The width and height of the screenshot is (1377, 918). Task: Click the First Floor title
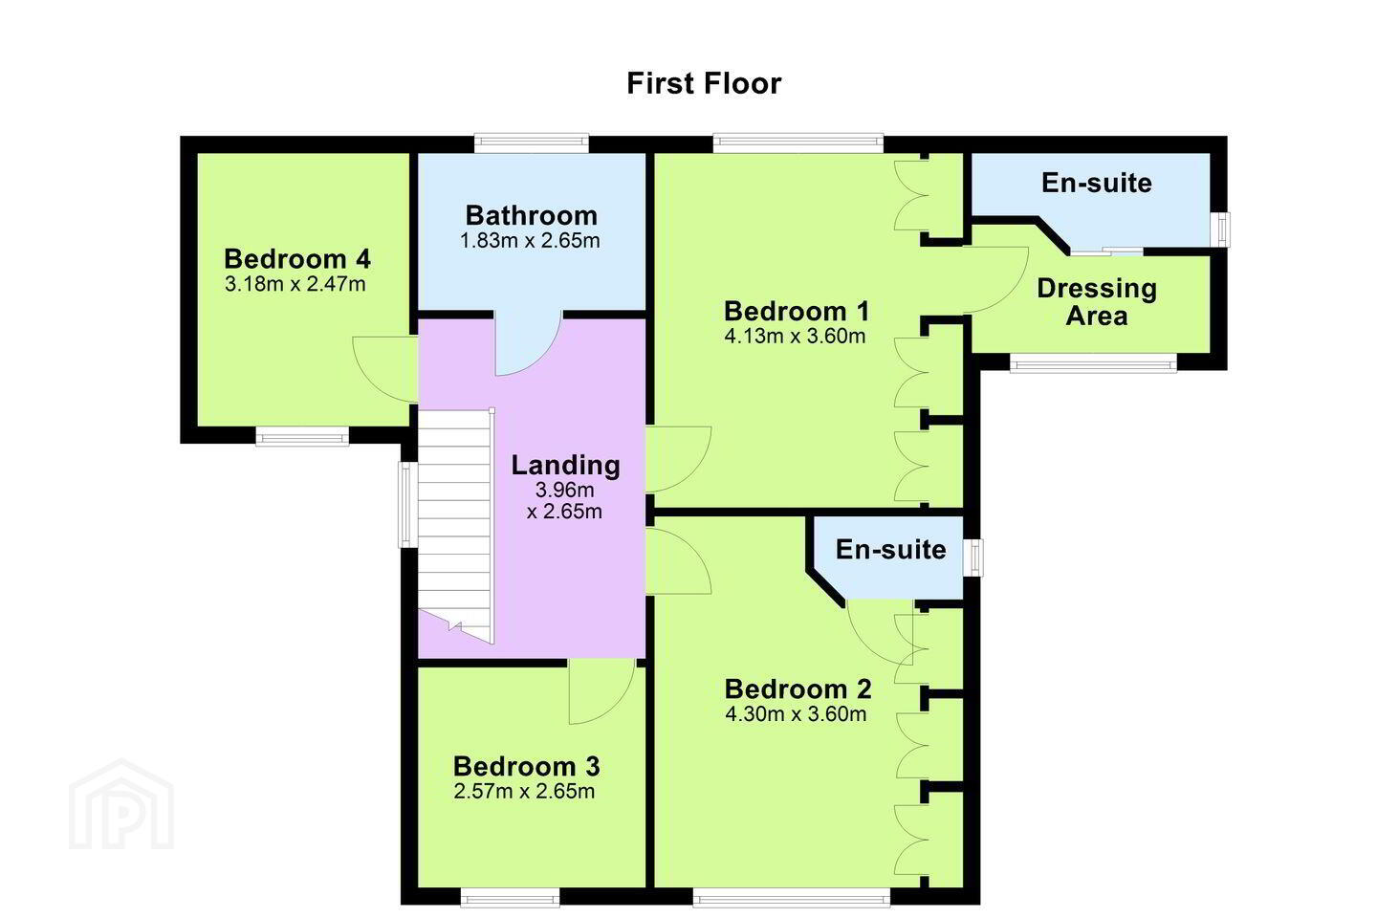point(704,83)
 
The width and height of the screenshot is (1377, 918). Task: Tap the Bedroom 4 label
point(297,259)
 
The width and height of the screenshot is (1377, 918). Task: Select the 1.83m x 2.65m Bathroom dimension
point(530,240)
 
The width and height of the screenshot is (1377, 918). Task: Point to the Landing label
point(565,465)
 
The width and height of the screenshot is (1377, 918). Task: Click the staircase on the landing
point(456,526)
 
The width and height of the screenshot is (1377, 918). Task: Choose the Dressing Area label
point(1097,302)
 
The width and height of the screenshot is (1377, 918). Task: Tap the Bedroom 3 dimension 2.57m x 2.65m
point(524,791)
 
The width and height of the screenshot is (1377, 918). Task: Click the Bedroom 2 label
point(798,688)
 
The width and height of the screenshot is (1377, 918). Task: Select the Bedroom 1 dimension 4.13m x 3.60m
point(795,337)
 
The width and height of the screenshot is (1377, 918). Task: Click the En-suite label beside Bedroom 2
point(891,549)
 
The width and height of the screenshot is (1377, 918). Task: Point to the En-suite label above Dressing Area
point(1097,183)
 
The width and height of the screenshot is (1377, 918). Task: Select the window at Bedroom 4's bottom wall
point(302,437)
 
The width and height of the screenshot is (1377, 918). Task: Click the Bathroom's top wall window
point(532,143)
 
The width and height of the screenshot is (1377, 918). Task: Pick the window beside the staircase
point(407,504)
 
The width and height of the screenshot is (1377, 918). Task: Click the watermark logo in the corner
point(121,804)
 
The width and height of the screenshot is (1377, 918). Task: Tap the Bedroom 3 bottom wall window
point(511,897)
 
